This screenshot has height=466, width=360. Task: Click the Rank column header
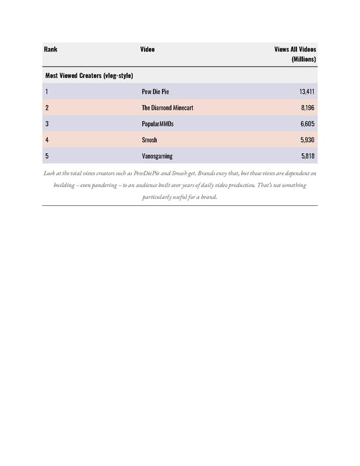51,49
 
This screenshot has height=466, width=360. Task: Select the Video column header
148,49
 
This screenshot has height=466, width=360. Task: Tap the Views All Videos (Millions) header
295,54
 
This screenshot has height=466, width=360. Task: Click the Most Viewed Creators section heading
89,75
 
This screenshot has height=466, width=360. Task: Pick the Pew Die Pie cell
155,92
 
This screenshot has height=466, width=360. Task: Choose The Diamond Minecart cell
167,107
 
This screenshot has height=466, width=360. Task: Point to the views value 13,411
307,92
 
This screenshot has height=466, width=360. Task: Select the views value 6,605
308,124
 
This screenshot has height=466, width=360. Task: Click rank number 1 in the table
46,92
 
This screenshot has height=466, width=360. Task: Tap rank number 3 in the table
46,124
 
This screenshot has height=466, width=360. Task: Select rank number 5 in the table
46,156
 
